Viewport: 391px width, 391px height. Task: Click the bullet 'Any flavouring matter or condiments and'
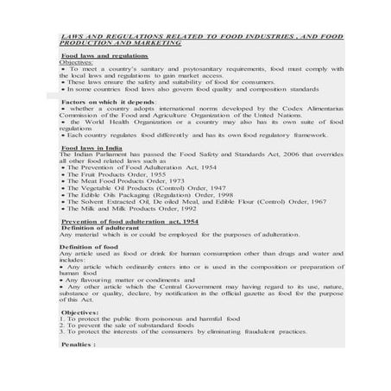pyautogui.click(x=129, y=281)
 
